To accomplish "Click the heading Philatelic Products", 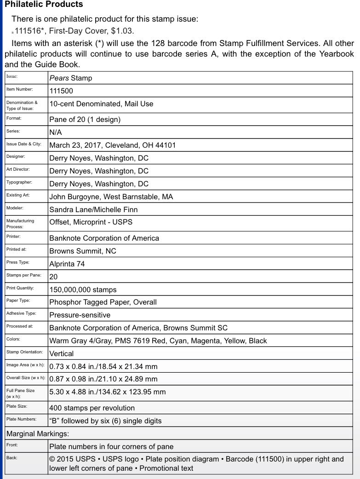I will click(x=44, y=5).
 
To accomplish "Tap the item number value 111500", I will click(x=61, y=91).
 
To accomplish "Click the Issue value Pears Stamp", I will click(x=71, y=78).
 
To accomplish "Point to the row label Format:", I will click(x=14, y=119).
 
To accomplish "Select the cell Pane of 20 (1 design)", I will click(x=85, y=120).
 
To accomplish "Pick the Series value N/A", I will click(x=56, y=133).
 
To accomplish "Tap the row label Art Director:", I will click(x=18, y=170).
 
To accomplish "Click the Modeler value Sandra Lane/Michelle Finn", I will click(x=93, y=210).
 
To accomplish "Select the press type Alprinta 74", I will click(x=67, y=264).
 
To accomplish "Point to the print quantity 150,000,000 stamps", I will click(x=83, y=290).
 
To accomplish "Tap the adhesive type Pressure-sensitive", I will click(x=80, y=315).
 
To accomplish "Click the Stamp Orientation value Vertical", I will click(x=62, y=354).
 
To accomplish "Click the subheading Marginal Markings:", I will click(x=38, y=433).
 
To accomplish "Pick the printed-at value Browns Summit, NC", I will click(x=83, y=251).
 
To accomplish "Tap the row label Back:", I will click(x=12, y=458).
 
